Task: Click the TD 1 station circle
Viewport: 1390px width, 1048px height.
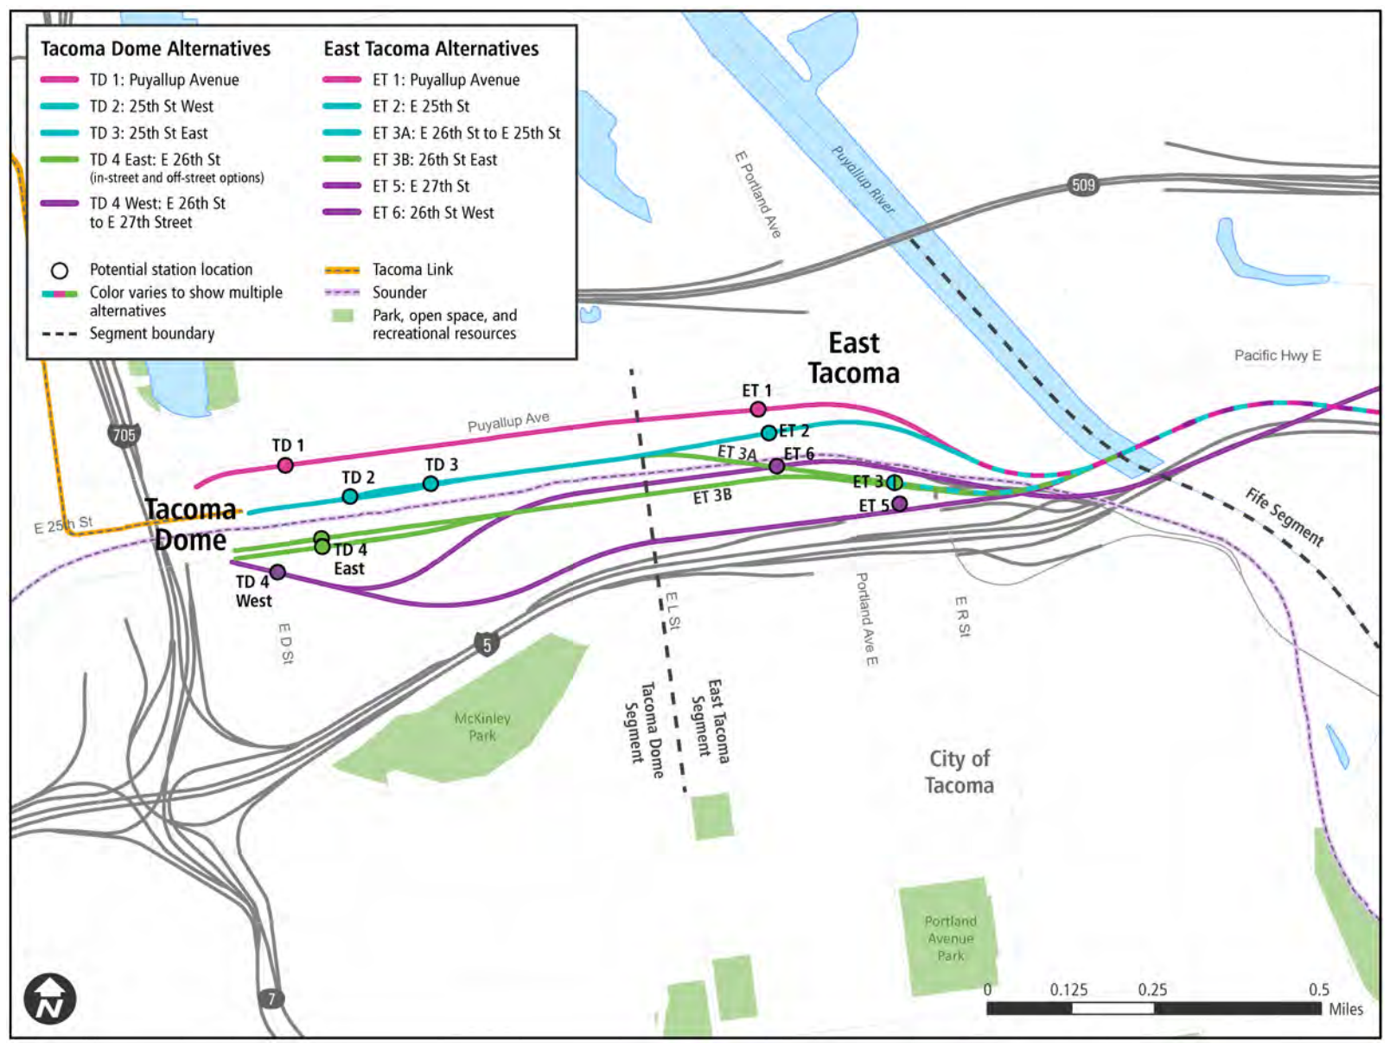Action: pyautogui.click(x=285, y=465)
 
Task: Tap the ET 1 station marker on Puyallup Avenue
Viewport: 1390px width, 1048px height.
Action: pyautogui.click(x=758, y=409)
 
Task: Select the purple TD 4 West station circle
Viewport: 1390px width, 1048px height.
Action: pyautogui.click(x=277, y=572)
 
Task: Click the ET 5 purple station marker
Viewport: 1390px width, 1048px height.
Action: pyautogui.click(x=900, y=503)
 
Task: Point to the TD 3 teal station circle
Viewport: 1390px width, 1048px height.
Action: pyautogui.click(x=430, y=483)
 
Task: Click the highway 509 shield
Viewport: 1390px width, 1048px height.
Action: pyautogui.click(x=1083, y=184)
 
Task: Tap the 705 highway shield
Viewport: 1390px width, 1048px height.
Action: pyautogui.click(x=124, y=434)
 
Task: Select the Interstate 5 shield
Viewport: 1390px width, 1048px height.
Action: pyautogui.click(x=487, y=644)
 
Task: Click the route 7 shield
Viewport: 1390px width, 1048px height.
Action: pyautogui.click(x=271, y=999)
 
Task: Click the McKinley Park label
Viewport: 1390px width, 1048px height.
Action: pyautogui.click(x=482, y=727)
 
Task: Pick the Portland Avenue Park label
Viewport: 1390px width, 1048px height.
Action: pyautogui.click(x=950, y=938)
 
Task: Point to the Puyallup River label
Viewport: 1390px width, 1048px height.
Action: pyautogui.click(x=863, y=180)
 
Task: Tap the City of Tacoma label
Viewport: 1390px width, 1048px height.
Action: pyautogui.click(x=960, y=771)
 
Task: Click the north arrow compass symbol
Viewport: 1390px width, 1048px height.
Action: pyautogui.click(x=50, y=999)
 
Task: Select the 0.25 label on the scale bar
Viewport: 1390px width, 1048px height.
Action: pyautogui.click(x=1152, y=989)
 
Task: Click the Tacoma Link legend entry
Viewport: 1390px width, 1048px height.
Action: pyautogui.click(x=411, y=270)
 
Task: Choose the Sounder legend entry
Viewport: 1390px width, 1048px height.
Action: pyautogui.click(x=399, y=292)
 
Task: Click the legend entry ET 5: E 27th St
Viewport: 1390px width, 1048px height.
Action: pyautogui.click(x=420, y=186)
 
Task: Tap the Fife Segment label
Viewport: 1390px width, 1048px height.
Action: pyautogui.click(x=1284, y=517)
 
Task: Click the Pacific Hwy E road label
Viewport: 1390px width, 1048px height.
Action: pyautogui.click(x=1277, y=355)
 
